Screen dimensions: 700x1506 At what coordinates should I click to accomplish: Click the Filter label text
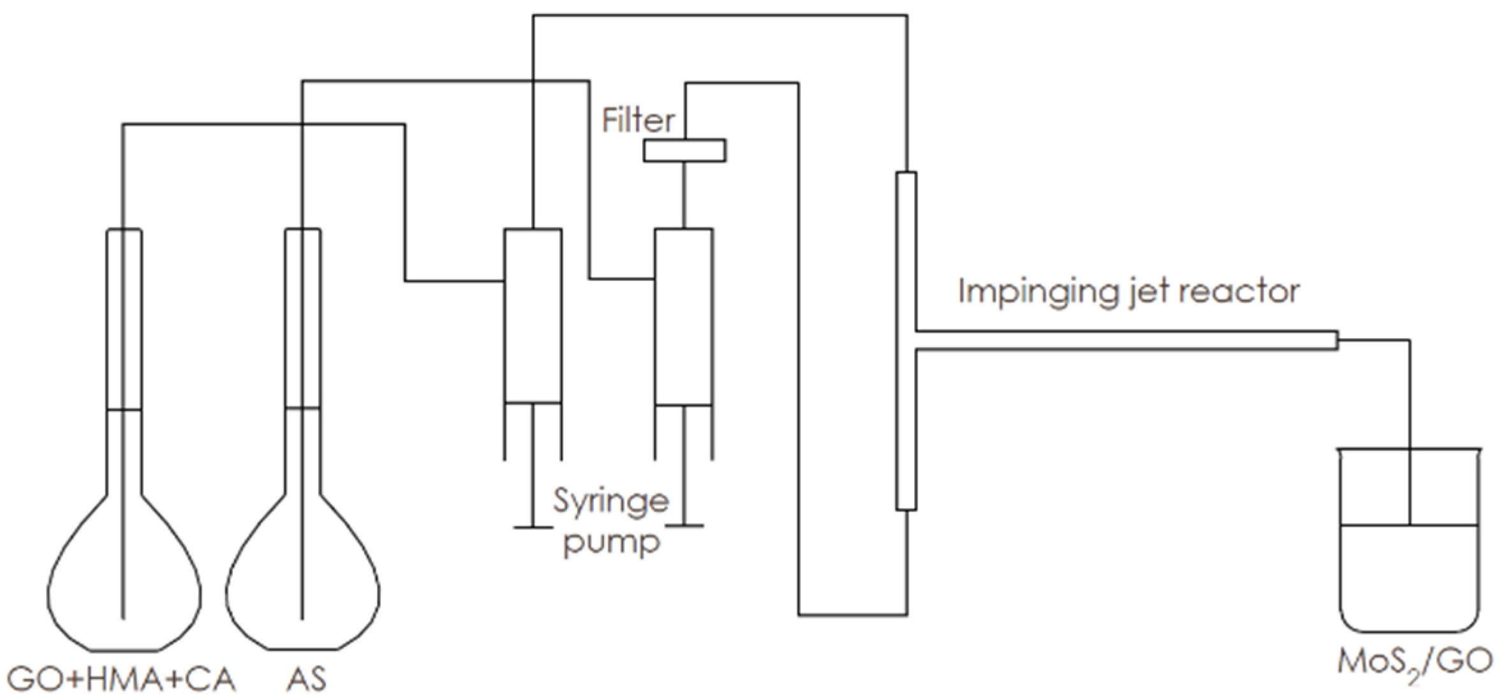638,121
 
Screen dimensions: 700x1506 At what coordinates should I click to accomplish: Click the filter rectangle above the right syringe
684,151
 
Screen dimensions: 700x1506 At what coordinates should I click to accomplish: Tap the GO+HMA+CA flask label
121,680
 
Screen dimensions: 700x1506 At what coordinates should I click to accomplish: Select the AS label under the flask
306,680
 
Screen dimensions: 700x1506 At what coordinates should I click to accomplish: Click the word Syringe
610,501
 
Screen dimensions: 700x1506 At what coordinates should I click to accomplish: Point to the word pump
611,542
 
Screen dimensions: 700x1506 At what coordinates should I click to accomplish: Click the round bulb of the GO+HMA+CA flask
124,587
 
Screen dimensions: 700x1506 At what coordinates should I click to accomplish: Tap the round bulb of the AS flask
303,587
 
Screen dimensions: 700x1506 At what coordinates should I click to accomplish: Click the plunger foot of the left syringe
533,527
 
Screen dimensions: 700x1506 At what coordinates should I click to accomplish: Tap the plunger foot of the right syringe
684,526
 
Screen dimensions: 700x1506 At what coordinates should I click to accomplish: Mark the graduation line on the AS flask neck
302,408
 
